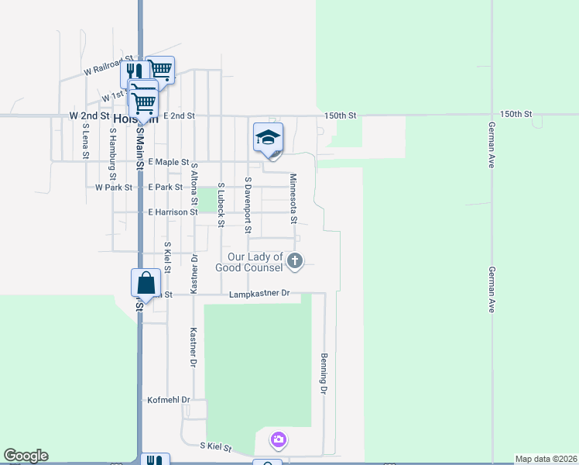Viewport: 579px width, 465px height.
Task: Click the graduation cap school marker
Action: [x=268, y=137]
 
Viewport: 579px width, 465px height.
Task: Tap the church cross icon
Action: [x=294, y=261]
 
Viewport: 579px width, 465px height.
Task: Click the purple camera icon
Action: [x=279, y=441]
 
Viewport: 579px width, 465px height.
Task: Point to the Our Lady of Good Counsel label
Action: [x=255, y=262]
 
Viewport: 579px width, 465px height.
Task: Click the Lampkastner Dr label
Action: [x=259, y=294]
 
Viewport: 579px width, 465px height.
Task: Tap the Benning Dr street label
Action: [x=325, y=374]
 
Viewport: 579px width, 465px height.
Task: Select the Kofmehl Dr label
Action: [x=168, y=400]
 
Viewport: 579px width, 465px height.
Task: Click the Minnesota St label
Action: [x=293, y=198]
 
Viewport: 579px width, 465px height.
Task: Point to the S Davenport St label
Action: [x=248, y=205]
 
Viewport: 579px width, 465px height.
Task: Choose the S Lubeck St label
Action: [x=221, y=205]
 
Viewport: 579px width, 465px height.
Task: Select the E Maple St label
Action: [x=168, y=162]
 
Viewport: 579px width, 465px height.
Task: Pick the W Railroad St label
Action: [x=110, y=70]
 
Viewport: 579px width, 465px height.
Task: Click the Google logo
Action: [x=26, y=456]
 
